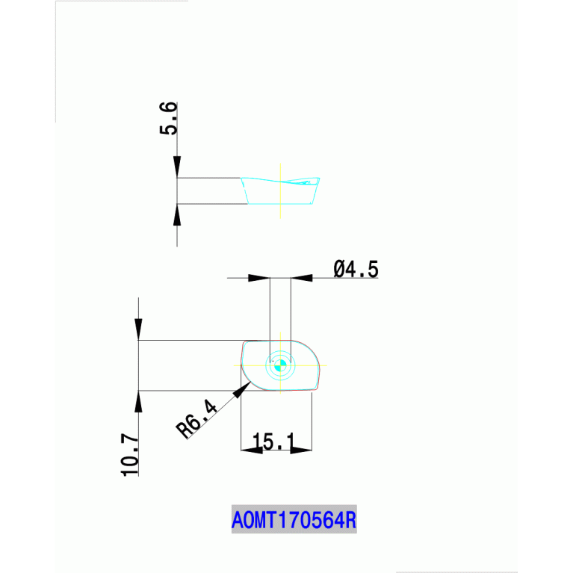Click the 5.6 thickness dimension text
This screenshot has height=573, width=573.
tap(169, 118)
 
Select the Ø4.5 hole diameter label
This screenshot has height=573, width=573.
tap(356, 270)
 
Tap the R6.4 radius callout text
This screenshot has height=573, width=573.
tap(196, 418)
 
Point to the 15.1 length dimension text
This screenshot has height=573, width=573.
tap(273, 441)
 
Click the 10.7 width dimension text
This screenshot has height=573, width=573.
tap(130, 455)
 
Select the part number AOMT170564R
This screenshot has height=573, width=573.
tap(294, 520)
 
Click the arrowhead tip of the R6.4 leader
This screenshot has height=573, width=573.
tap(251, 382)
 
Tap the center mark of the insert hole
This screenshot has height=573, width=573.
tap(280, 365)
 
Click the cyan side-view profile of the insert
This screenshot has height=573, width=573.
tap(280, 204)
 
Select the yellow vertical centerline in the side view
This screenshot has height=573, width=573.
tap(280, 191)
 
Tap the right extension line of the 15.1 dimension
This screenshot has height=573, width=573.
tap(312, 421)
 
